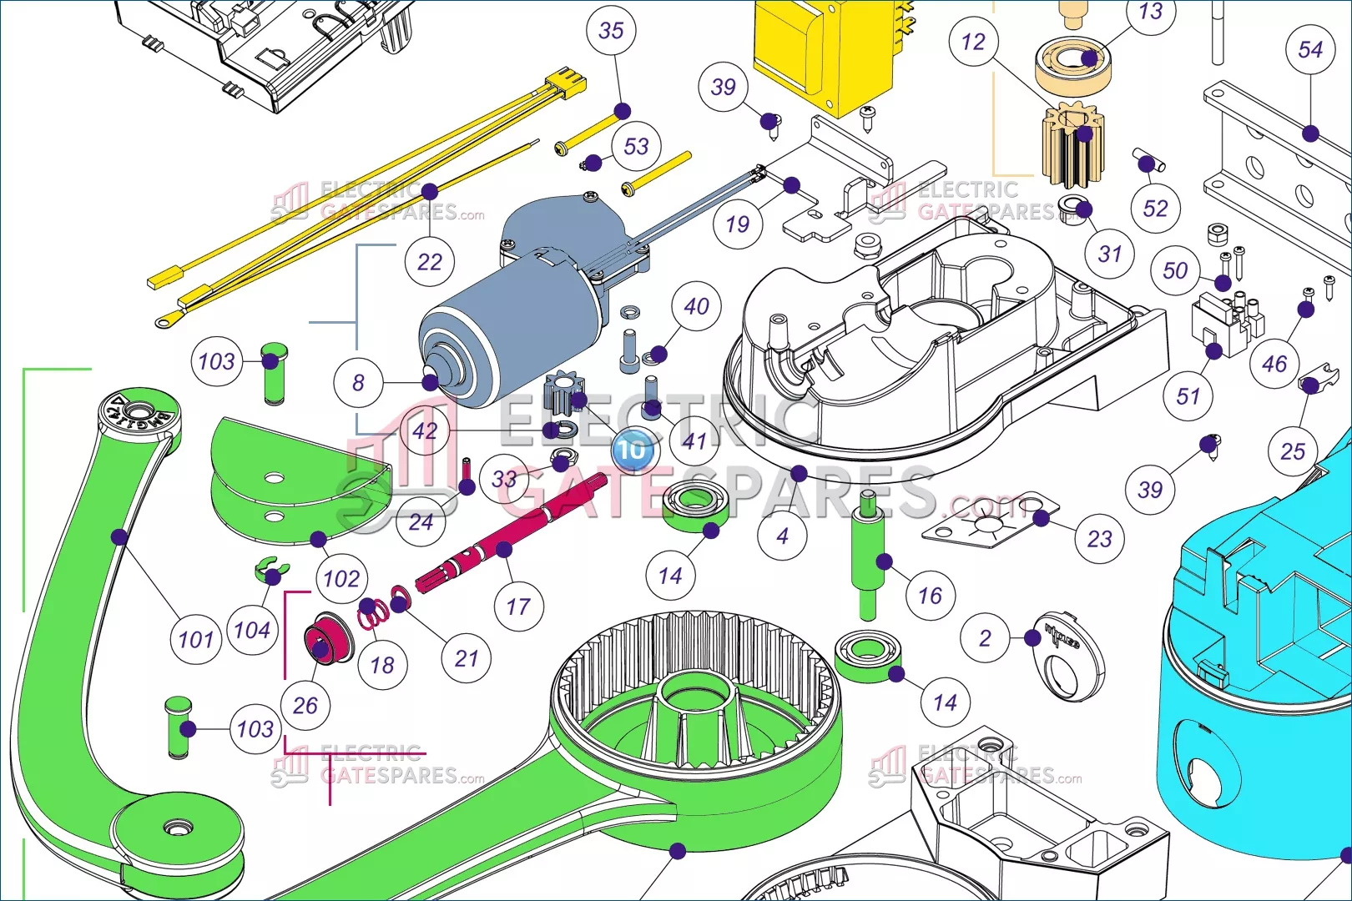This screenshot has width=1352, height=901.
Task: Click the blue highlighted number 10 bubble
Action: [x=633, y=450]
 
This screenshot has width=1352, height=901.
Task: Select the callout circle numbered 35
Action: [x=612, y=31]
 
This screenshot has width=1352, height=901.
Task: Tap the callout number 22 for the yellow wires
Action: [x=429, y=262]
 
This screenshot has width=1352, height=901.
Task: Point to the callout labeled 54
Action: [x=1310, y=50]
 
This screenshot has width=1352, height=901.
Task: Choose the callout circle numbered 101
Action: [x=196, y=640]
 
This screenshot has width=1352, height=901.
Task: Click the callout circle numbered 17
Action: [x=518, y=607]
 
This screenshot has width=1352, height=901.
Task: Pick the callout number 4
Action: [x=782, y=536]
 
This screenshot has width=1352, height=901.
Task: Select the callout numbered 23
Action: [x=1099, y=539]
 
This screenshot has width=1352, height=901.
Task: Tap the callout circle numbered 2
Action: [x=985, y=639]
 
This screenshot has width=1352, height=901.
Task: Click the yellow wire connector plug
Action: [x=566, y=84]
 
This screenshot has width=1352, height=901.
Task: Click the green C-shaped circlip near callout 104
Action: [x=269, y=571]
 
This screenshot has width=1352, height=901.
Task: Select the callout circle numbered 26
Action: [x=305, y=705]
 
